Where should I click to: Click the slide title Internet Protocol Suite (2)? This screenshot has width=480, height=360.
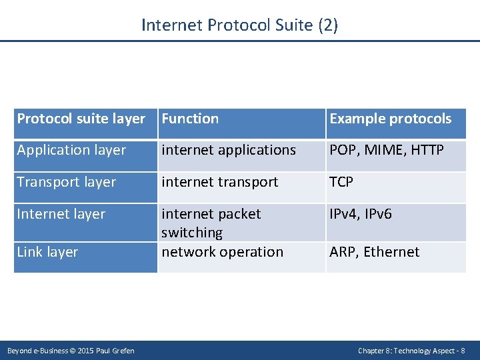pos(239,25)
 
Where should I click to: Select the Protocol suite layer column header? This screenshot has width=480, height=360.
pos(81,119)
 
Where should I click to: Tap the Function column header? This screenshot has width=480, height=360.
pos(190,119)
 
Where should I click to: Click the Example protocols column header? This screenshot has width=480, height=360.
pos(390,119)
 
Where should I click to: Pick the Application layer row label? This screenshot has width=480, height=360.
pos(71,150)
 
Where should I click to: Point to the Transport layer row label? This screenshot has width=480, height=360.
pos(66,182)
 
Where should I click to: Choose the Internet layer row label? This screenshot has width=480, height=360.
pos(61,214)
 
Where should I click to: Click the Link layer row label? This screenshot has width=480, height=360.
pos(47,252)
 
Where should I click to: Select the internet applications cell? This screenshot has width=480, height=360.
pos(229,150)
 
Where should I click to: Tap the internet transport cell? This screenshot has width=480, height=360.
pos(220,182)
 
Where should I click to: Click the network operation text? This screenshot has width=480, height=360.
pos(222,252)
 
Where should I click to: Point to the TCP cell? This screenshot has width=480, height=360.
pos(341,182)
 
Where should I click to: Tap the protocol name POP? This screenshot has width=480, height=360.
pos(343,150)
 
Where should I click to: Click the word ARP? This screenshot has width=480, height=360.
pos(343,252)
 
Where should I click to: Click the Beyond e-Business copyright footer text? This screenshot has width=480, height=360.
pos(71,351)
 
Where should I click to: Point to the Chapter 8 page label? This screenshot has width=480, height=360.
pos(411,351)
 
